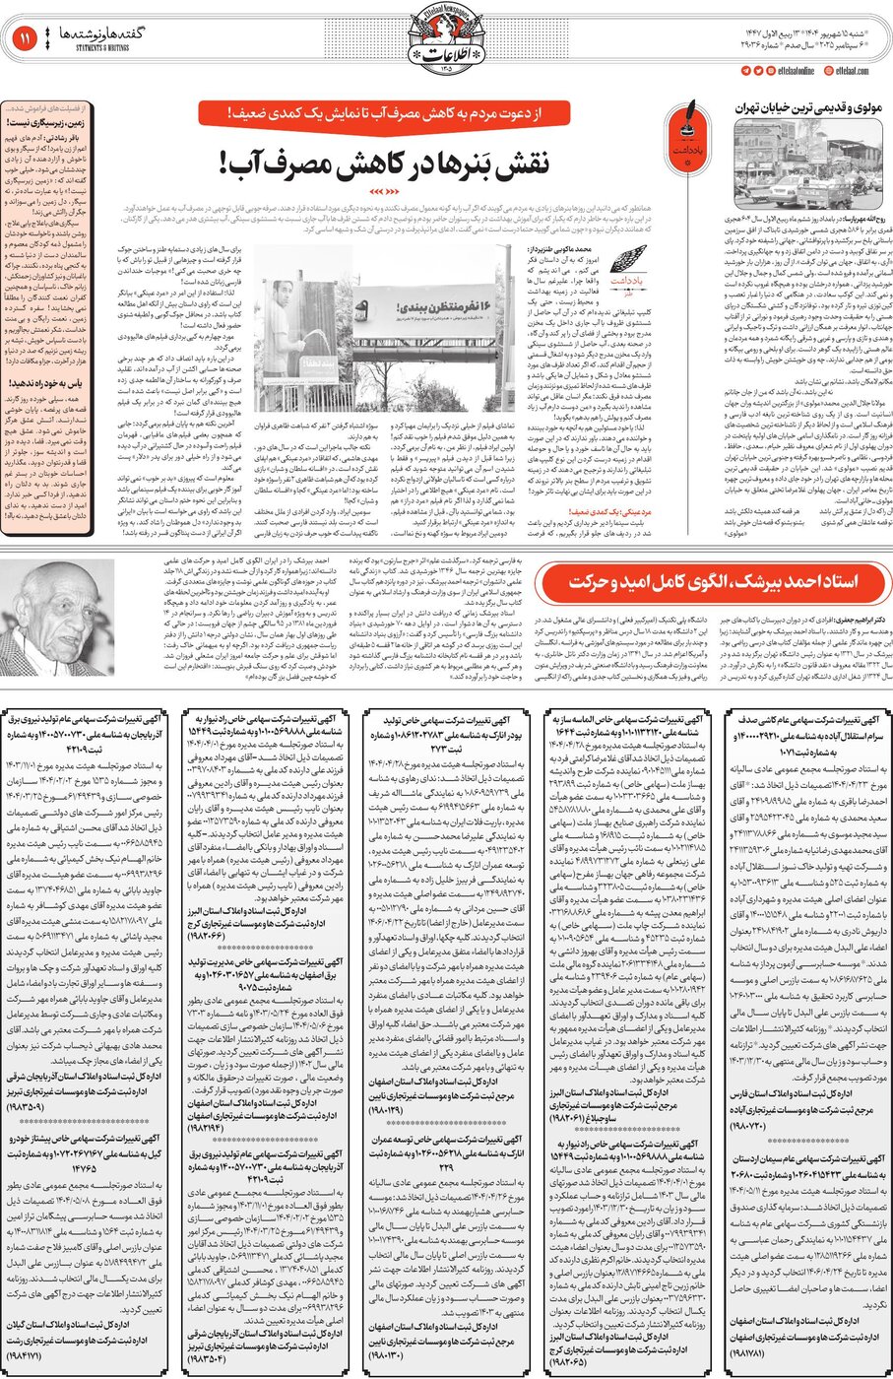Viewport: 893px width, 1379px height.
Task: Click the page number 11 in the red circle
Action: pyautogui.click(x=23, y=38)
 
